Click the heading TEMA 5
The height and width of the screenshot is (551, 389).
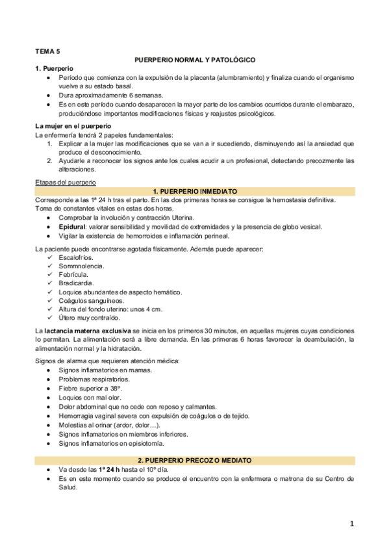(x=47, y=50)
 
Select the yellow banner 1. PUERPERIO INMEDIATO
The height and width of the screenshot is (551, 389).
(x=195, y=192)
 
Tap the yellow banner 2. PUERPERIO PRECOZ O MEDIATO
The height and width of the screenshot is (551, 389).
(x=195, y=460)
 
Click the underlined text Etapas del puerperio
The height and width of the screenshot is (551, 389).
(x=62, y=183)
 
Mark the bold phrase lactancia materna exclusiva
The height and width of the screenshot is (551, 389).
(x=87, y=331)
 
